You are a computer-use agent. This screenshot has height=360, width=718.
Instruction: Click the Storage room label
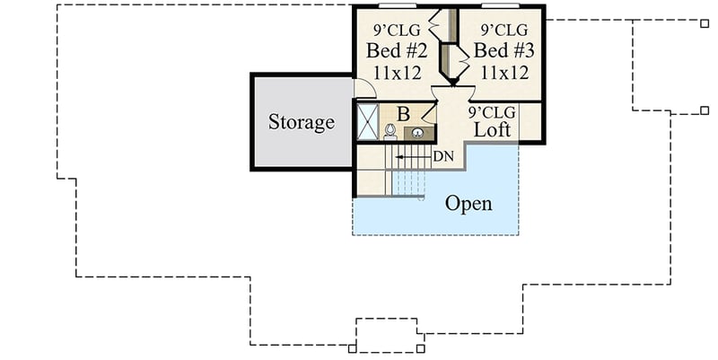[x=302, y=122]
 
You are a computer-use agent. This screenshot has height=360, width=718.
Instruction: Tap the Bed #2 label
[x=397, y=50]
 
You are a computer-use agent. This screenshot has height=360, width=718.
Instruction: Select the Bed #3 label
[x=503, y=50]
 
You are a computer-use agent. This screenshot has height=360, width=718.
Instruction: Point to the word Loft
[x=492, y=129]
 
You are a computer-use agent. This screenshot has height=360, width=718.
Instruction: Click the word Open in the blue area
[x=468, y=204]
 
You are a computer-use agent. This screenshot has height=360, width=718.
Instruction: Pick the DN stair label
[x=443, y=156]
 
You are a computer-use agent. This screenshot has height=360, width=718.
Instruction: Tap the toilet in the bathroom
[x=390, y=131]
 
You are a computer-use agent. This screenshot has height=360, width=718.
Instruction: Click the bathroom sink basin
[x=417, y=133]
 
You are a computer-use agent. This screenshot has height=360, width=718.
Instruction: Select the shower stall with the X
[x=368, y=121]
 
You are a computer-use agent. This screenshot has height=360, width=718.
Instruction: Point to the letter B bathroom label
[x=403, y=115]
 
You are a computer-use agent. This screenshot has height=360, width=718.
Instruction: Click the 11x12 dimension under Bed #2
[x=397, y=73]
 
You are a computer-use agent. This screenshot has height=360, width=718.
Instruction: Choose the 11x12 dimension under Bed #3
[x=504, y=73]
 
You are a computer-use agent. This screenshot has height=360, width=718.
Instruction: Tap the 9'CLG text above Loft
[x=492, y=112]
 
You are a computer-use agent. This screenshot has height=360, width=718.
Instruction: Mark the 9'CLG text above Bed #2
[x=397, y=31]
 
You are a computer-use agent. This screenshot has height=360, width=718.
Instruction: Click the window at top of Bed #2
[x=398, y=6]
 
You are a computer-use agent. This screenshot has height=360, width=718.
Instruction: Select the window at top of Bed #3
[x=501, y=6]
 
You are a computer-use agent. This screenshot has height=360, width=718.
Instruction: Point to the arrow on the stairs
[x=414, y=157]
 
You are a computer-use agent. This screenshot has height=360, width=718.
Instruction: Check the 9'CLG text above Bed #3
[x=504, y=31]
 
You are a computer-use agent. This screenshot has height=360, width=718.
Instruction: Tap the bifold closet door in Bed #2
[x=434, y=24]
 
